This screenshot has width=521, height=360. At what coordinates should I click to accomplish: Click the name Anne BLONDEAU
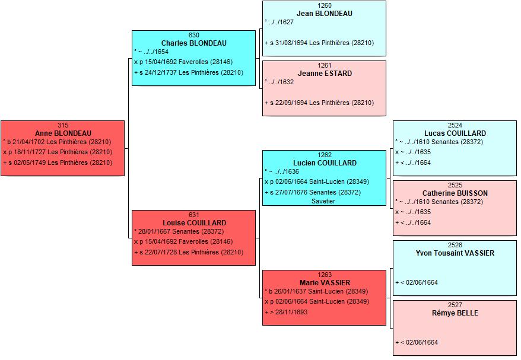tap(63, 133)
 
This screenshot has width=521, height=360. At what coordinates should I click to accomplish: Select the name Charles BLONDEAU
tap(193, 43)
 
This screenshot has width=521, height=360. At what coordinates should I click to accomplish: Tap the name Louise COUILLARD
tap(195, 223)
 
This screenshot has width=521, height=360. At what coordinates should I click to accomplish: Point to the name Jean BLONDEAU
tap(325, 14)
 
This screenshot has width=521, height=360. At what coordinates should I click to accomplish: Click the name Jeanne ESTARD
tap(325, 74)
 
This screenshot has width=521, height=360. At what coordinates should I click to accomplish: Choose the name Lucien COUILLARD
tap(325, 163)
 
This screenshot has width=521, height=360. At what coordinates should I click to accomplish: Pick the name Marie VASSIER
tap(325, 283)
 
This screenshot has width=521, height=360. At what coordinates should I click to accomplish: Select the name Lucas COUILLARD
tap(455, 133)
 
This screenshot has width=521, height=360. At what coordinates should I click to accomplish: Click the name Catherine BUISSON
tap(455, 193)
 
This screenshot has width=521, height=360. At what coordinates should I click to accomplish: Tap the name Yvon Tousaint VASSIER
tap(455, 253)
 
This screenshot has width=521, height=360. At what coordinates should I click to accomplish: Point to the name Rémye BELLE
tap(455, 313)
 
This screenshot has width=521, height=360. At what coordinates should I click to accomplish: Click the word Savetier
tap(323, 201)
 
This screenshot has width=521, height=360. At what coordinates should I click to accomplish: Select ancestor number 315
tap(63, 126)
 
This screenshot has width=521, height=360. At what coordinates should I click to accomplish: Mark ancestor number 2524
tap(455, 126)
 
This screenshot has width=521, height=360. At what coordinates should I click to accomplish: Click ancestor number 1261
tap(325, 66)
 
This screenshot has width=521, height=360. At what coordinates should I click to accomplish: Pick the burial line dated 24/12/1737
tap(189, 73)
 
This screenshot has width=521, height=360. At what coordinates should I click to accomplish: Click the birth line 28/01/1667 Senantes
tap(179, 232)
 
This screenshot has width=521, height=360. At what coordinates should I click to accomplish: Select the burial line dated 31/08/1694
tap(319, 43)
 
